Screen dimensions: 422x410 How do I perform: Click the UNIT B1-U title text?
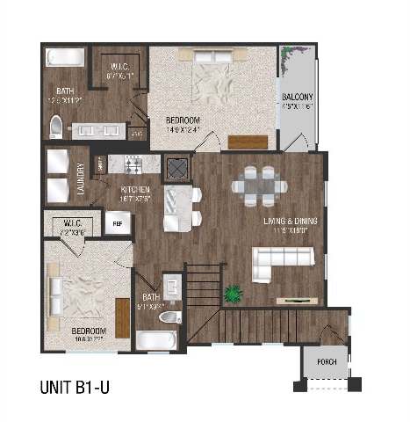[81, 385]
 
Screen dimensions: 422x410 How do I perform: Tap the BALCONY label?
[298, 97]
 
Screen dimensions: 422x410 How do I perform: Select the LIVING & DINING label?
[289, 221]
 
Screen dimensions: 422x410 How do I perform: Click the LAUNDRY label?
[81, 178]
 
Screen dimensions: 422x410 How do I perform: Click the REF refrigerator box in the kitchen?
[118, 224]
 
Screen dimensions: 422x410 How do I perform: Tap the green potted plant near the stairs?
[234, 292]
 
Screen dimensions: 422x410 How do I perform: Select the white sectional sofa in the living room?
[282, 264]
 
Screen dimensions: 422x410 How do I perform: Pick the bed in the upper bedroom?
[213, 82]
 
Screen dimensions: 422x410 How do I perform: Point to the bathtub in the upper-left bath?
[66, 58]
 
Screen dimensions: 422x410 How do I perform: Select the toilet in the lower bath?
[171, 316]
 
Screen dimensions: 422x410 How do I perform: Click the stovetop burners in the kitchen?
[134, 164]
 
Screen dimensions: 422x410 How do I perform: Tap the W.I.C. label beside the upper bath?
[119, 70]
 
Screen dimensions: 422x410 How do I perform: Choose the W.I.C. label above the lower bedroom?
[73, 227]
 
